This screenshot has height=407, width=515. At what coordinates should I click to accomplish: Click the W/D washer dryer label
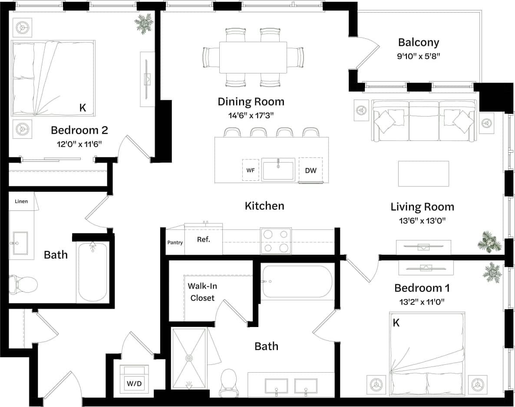pyautogui.click(x=134, y=384)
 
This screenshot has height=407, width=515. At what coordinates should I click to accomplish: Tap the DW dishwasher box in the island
pyautogui.click(x=310, y=170)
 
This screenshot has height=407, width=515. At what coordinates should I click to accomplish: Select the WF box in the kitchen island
pyautogui.click(x=251, y=170)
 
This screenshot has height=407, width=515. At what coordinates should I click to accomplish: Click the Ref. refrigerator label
pyautogui.click(x=203, y=240)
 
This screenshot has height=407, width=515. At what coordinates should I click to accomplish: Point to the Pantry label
pyautogui.click(x=175, y=243)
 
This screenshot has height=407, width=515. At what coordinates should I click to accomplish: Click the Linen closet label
pyautogui.click(x=21, y=201)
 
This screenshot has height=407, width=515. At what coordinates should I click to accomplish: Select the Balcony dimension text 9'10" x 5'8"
pyautogui.click(x=419, y=56)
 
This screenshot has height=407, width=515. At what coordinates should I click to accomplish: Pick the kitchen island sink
pyautogui.click(x=278, y=170)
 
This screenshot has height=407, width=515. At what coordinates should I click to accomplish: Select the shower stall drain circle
pyautogui.click(x=189, y=358)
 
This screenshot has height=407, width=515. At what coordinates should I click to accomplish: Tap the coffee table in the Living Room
pyautogui.click(x=423, y=173)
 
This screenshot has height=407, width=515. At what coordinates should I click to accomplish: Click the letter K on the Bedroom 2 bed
pyautogui.click(x=83, y=108)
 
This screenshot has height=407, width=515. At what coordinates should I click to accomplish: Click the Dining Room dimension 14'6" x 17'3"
pyautogui.click(x=251, y=115)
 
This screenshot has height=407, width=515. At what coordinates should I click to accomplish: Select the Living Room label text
pyautogui.click(x=422, y=207)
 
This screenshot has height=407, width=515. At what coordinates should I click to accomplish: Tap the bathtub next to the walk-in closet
pyautogui.click(x=297, y=281)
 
